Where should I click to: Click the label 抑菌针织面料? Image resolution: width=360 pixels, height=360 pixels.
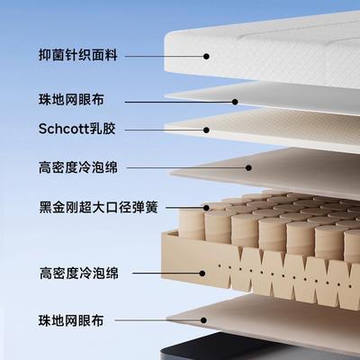[78, 56]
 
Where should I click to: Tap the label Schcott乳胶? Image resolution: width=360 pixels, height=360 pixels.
[77, 129]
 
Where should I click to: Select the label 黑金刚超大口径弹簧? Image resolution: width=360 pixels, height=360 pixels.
[98, 208]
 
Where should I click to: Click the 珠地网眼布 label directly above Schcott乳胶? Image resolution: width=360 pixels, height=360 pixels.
[71, 100]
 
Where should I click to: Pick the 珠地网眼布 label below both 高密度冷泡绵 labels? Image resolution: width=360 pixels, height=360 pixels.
[71, 320]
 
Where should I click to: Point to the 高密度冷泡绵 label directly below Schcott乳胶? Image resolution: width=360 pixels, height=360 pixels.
[78, 167]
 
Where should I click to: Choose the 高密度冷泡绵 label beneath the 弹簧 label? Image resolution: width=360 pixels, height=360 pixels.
[79, 274]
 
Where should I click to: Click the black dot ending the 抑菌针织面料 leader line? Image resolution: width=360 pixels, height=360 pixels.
[206, 56]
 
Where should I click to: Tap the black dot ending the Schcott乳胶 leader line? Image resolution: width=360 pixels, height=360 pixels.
[206, 130]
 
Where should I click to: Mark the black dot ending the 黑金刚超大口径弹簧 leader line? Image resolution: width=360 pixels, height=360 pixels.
[206, 208]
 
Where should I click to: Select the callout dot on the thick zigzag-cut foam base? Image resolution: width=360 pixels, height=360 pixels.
[202, 274]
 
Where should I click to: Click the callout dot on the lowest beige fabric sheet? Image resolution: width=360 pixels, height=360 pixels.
[203, 320]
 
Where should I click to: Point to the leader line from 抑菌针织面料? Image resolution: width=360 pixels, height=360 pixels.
[164, 56]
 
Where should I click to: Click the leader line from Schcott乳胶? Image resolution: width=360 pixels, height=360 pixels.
[164, 130]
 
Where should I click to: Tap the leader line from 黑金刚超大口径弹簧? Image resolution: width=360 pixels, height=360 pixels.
[184, 208]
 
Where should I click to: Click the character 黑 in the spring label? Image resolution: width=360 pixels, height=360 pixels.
[46, 208]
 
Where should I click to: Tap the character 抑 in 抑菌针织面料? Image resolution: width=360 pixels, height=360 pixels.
[45, 56]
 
